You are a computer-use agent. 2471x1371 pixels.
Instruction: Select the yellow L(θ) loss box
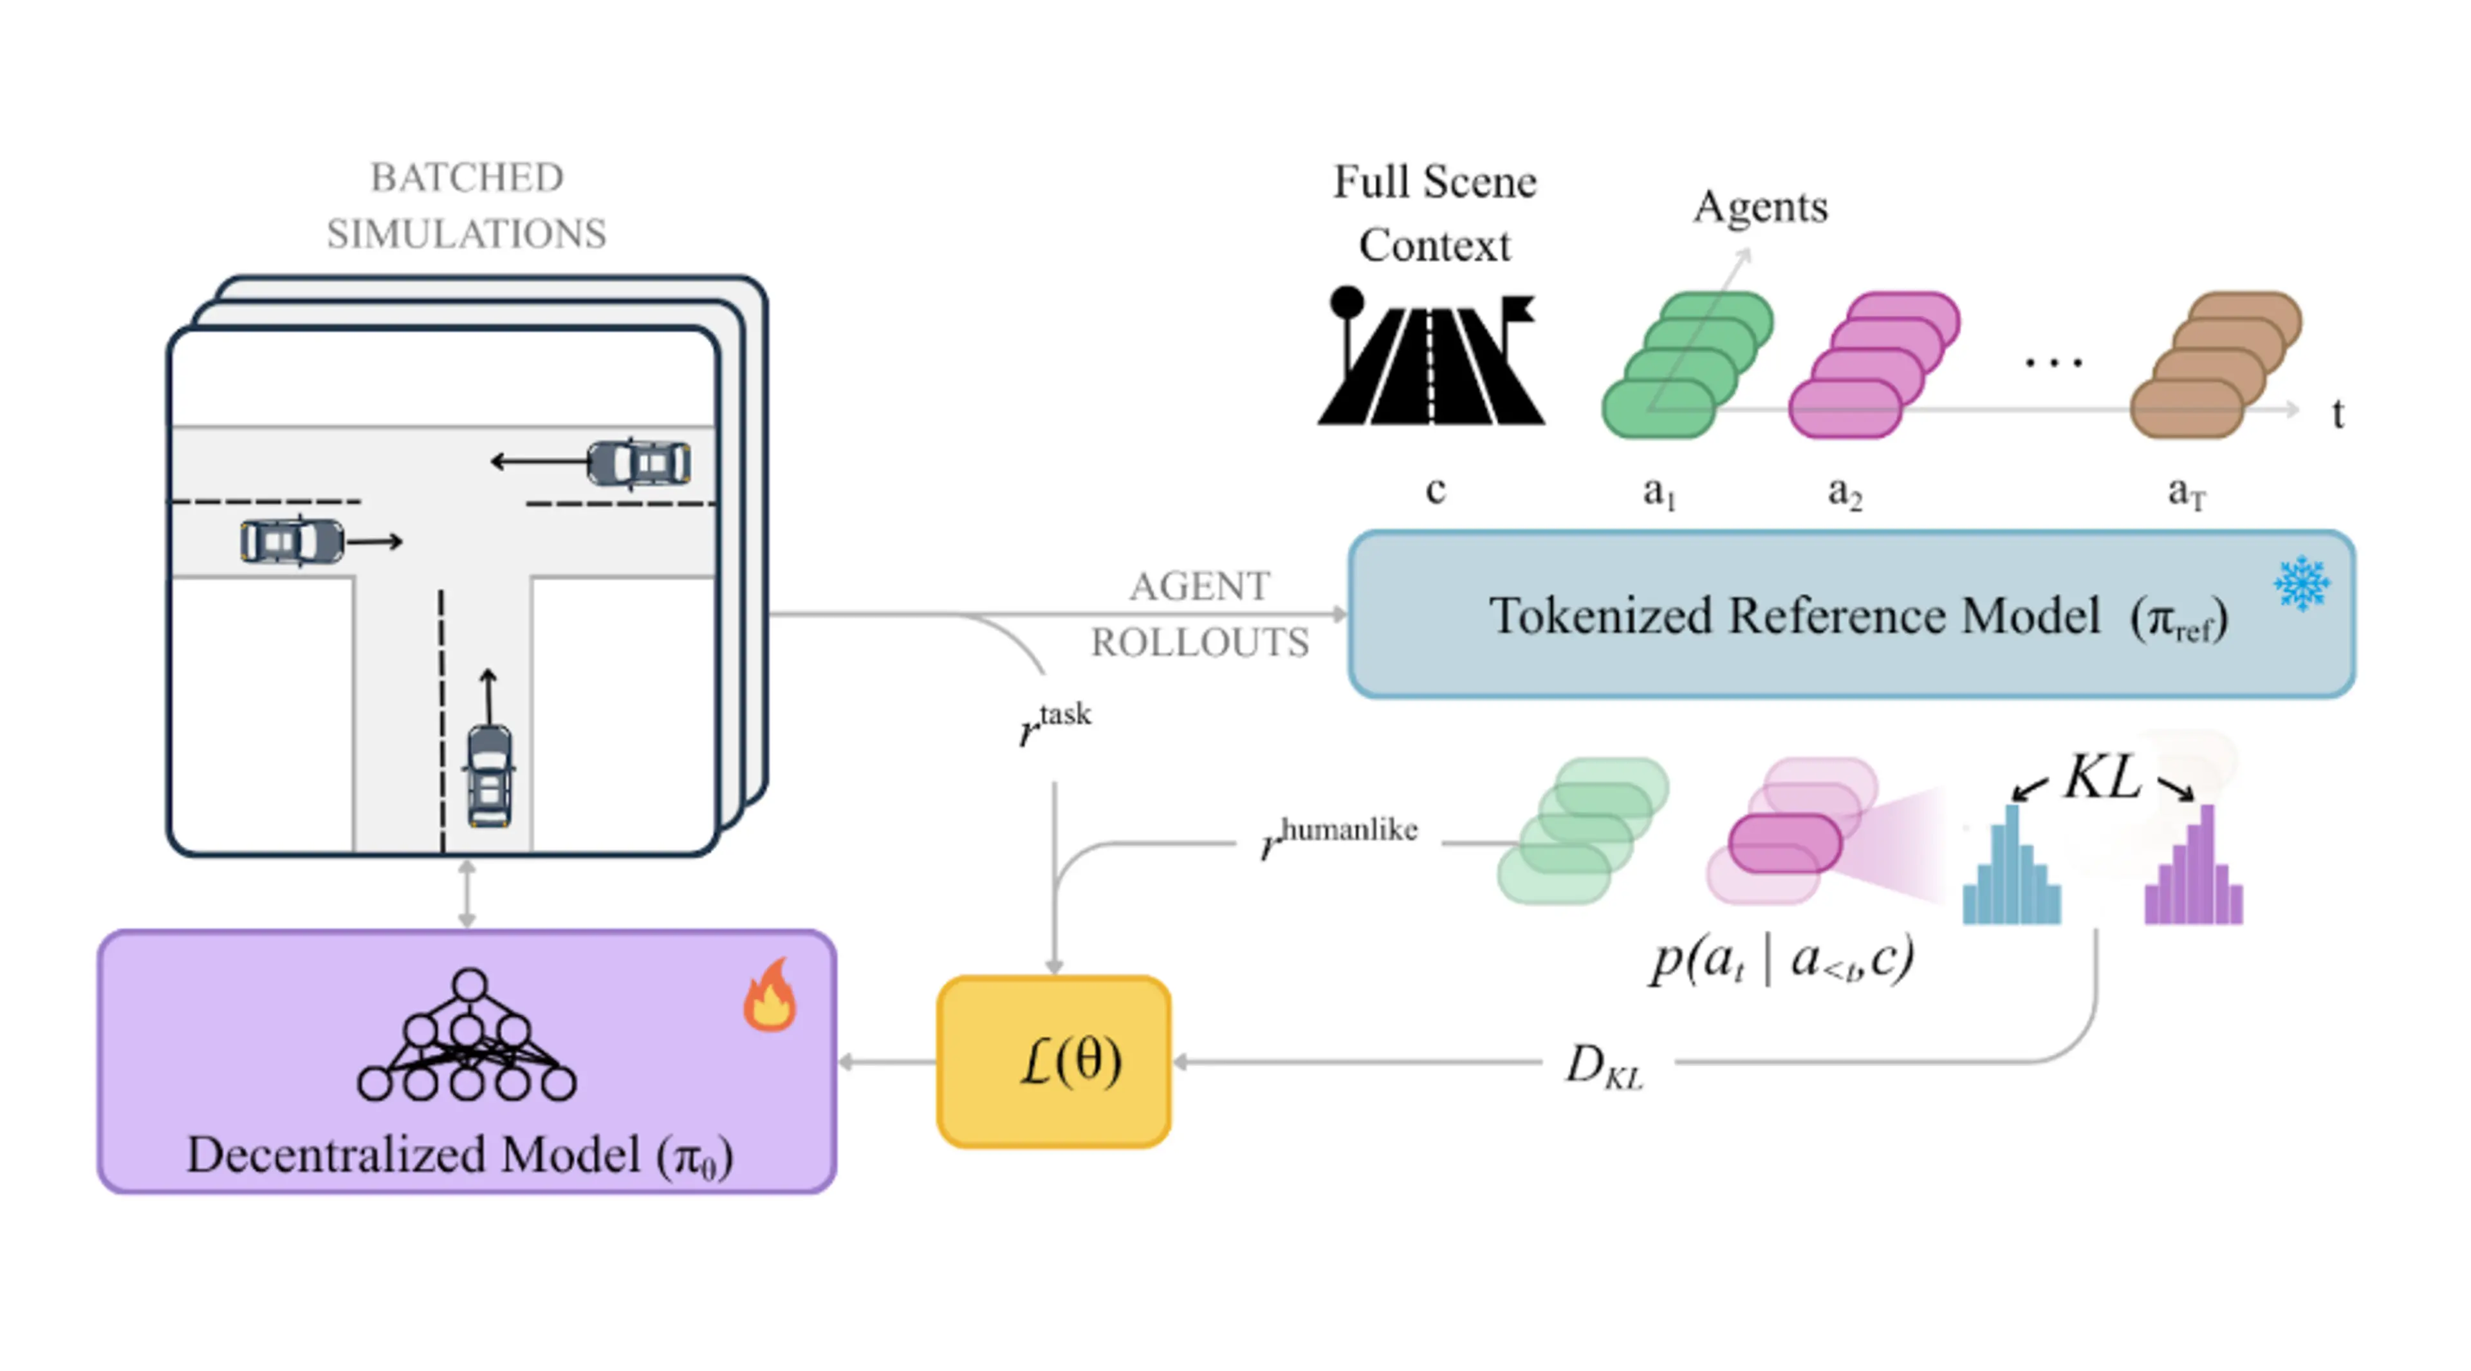click(x=1053, y=1061)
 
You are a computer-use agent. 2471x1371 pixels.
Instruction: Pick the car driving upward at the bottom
click(x=489, y=775)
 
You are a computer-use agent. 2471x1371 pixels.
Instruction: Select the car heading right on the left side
click(x=292, y=541)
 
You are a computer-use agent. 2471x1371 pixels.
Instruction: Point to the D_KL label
click(x=1604, y=1065)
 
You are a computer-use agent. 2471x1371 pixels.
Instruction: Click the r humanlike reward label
click(x=1339, y=837)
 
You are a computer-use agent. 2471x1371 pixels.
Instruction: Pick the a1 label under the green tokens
click(x=1658, y=492)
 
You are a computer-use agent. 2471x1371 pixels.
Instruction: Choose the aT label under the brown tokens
click(x=2186, y=492)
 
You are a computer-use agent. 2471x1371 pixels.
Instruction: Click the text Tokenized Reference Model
click(x=1794, y=616)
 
